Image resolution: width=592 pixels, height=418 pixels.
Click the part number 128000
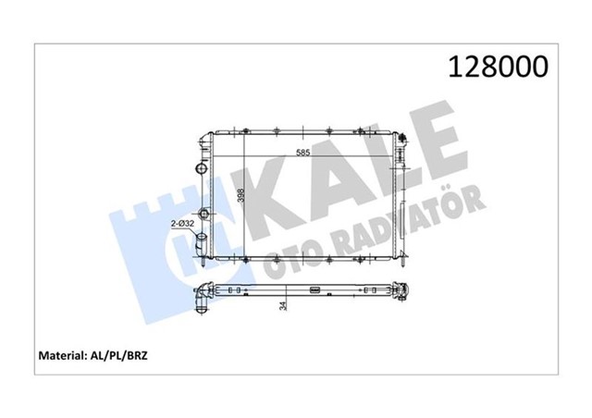(x=498, y=66)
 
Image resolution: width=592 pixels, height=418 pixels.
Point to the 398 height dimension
(x=241, y=197)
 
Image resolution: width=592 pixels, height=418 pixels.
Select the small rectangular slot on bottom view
(x=314, y=292)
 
